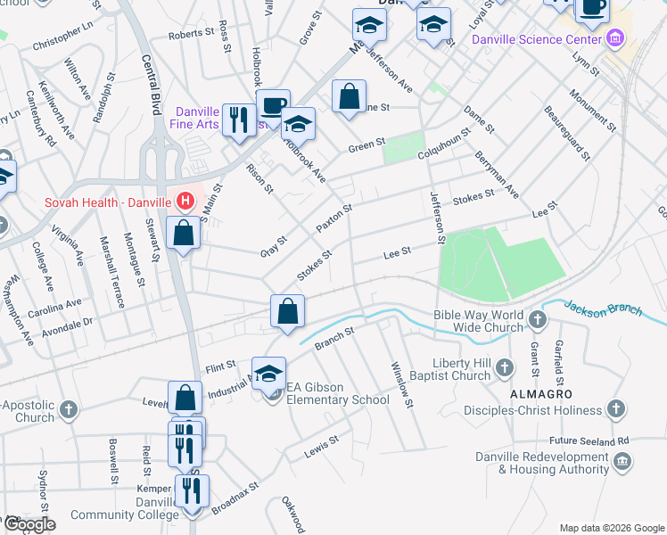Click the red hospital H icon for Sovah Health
coord(185,202)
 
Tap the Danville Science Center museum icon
coord(614,39)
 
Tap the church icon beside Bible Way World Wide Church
coord(537,319)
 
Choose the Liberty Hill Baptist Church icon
coord(504,367)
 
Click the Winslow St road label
coord(402,385)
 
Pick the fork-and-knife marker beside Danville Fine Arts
coord(238,119)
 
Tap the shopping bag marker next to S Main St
coord(183,234)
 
